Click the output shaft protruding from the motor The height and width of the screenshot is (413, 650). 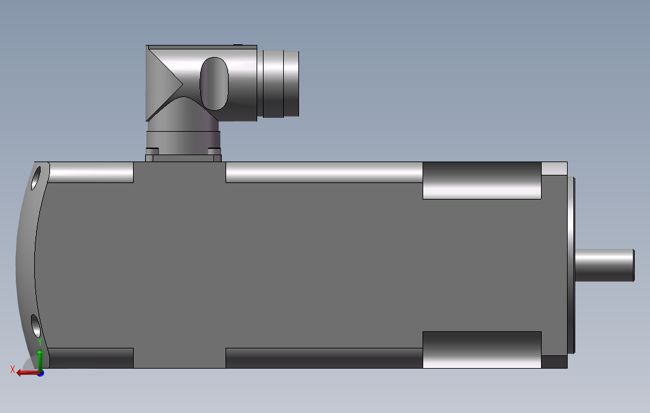tap(604, 265)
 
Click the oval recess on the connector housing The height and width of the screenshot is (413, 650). tap(214, 83)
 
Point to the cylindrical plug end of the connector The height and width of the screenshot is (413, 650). tap(281, 83)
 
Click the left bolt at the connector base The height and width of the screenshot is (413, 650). tap(151, 151)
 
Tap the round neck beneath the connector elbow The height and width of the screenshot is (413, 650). tap(182, 139)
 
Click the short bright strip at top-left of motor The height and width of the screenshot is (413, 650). tap(91, 172)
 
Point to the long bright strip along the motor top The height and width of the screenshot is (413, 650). tap(324, 172)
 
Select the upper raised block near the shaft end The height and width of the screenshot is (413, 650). tap(481, 181)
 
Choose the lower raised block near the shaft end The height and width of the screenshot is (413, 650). tap(481, 349)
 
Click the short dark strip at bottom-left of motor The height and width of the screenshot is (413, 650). tap(91, 358)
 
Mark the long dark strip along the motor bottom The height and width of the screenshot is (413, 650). tap(324, 358)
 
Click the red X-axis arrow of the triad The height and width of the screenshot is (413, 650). tap(26, 373)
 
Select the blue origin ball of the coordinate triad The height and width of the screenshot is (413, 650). tap(40, 373)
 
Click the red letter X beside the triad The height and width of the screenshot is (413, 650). tap(13, 369)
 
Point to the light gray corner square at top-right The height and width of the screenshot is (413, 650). tap(554, 168)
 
